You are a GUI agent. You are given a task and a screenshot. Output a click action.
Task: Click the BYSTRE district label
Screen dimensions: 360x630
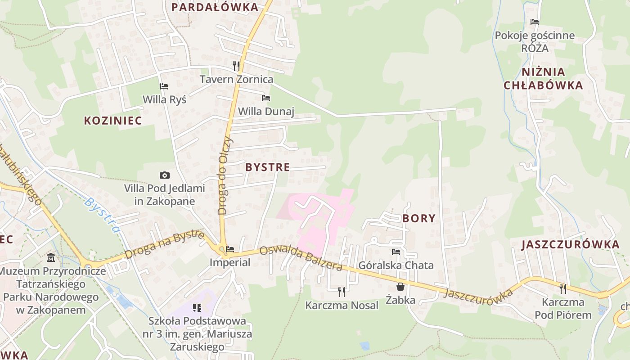click(x=267, y=167)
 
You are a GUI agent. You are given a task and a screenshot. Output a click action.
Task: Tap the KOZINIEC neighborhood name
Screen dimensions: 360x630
click(x=113, y=121)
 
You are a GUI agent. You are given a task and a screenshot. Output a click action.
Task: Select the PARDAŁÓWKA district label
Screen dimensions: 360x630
click(x=216, y=7)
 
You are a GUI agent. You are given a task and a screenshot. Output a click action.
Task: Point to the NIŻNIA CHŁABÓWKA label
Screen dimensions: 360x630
click(x=543, y=79)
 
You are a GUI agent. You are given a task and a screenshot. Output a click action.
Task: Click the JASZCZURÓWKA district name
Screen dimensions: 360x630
click(x=571, y=245)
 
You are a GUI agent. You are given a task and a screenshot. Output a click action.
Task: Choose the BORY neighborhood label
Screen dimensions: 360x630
click(x=419, y=219)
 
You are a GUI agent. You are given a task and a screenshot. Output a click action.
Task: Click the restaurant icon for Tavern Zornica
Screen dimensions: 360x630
click(x=236, y=66)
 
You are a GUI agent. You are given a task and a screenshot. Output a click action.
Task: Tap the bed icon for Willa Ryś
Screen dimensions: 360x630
click(x=164, y=86)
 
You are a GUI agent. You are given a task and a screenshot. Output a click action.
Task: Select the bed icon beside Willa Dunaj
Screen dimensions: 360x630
click(x=266, y=98)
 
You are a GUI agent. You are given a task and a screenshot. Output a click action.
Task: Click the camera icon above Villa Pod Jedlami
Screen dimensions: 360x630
click(x=165, y=175)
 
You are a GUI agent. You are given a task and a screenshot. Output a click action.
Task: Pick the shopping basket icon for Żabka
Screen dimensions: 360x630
click(x=400, y=286)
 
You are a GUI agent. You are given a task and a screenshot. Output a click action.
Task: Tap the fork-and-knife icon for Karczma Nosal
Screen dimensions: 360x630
click(x=342, y=292)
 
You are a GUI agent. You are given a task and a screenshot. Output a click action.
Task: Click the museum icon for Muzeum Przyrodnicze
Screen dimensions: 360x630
click(x=50, y=258)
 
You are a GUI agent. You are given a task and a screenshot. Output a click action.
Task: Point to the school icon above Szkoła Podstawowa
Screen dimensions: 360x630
click(x=197, y=308)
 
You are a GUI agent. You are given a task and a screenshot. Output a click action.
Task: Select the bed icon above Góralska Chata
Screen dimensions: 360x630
click(x=396, y=252)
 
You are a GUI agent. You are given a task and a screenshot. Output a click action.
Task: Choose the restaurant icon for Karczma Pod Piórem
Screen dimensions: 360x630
click(x=563, y=288)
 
